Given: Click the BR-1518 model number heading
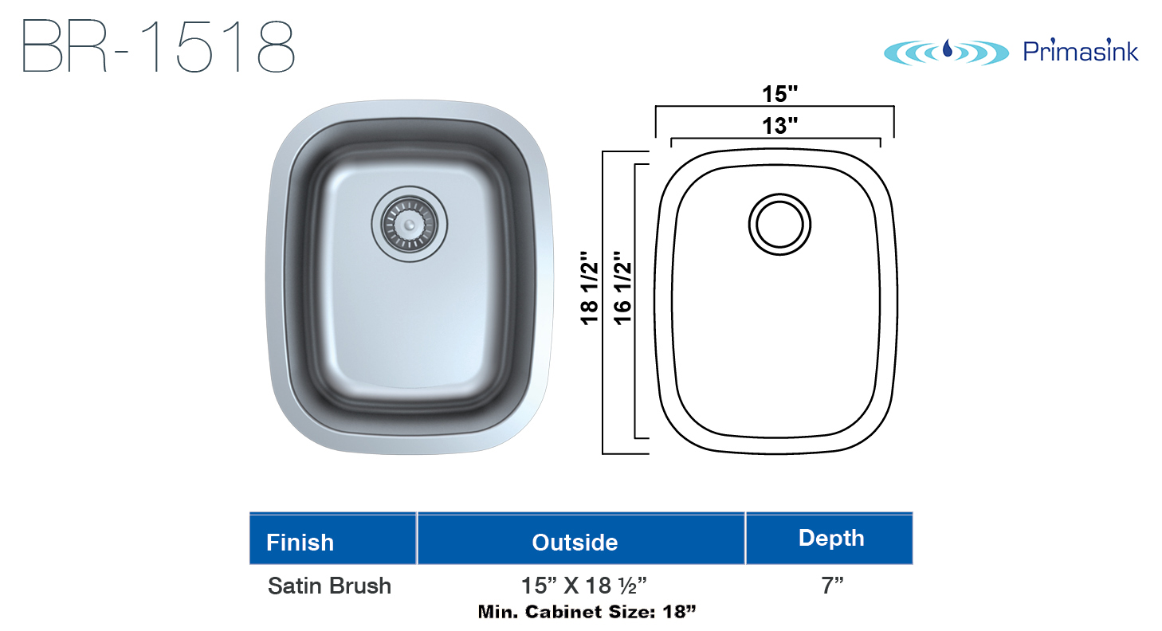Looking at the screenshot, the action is [x=159, y=46].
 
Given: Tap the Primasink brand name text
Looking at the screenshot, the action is [x=1080, y=51].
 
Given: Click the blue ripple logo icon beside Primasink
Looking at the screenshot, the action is [x=946, y=53].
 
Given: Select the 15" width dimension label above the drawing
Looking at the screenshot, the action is [x=779, y=94].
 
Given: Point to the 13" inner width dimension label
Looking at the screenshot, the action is [x=779, y=125].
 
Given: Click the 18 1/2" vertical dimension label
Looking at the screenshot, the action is [x=590, y=288].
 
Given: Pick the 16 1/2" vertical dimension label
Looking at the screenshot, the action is [x=622, y=288].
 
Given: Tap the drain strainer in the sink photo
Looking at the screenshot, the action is [x=410, y=224].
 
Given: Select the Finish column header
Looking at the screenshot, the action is [x=300, y=543].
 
